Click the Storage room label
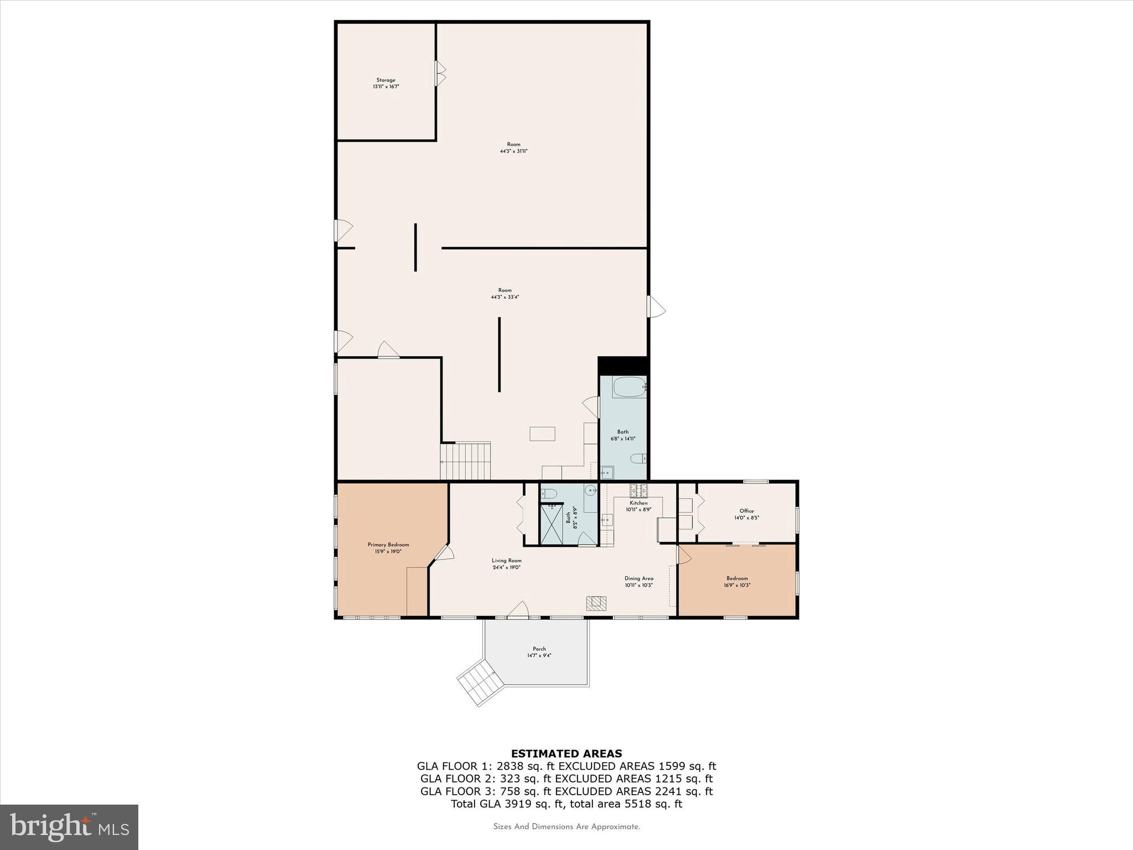tap(386, 84)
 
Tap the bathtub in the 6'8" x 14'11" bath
tap(629, 387)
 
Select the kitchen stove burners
tap(638, 490)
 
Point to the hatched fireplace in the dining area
tap(596, 603)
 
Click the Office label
tap(746, 511)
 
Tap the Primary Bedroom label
tap(388, 548)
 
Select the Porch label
tap(539, 652)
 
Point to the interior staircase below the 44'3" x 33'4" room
tap(466, 460)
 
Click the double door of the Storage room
tap(440, 74)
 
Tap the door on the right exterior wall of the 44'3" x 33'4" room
tap(656, 307)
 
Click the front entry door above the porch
tap(518, 610)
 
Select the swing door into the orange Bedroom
tap(683, 555)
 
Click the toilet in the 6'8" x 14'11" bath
tap(638, 459)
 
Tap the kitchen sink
tap(607, 520)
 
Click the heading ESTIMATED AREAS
tap(566, 753)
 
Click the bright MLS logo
tap(69, 827)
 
